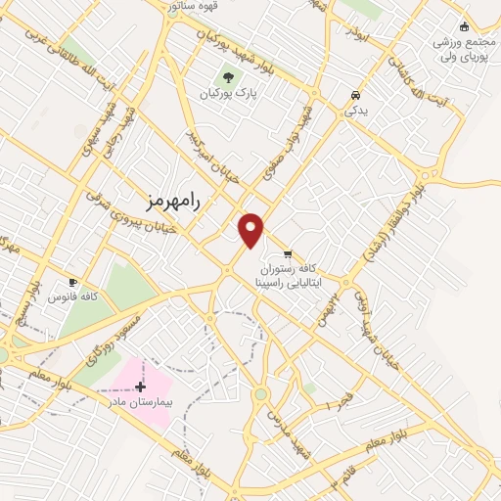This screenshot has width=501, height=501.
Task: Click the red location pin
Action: tap(251, 229)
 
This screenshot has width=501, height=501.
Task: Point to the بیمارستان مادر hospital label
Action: tap(140, 402)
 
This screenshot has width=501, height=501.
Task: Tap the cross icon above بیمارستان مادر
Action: tap(141, 387)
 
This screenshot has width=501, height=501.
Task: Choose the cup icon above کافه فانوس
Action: tap(71, 281)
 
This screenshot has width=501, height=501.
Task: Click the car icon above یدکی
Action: tap(354, 96)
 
